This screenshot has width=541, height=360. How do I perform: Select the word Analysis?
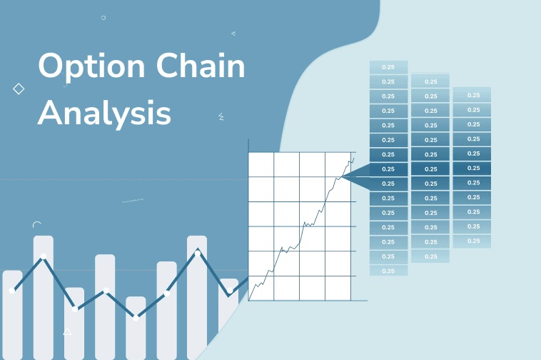point(104,113)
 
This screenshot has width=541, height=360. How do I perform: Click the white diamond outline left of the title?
point(19,89)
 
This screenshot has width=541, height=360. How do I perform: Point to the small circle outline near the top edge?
point(103,17)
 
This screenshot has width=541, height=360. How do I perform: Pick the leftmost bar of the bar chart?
point(12,314)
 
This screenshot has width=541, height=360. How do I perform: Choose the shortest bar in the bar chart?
point(136,328)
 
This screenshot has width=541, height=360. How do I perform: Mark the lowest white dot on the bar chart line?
point(136,318)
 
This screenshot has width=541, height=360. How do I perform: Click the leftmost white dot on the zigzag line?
point(12,290)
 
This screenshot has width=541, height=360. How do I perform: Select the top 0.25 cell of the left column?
point(388,67)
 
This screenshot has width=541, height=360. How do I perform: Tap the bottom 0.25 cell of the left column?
point(388,271)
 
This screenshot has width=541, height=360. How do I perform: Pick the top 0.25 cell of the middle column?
point(430,81)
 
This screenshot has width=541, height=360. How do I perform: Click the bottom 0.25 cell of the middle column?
point(430,256)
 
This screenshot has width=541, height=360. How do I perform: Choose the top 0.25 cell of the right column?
point(472,95)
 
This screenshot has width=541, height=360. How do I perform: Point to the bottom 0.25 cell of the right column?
point(472,241)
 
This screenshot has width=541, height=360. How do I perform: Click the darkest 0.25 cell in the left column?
point(388,169)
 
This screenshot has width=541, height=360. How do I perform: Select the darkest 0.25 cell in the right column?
point(472,168)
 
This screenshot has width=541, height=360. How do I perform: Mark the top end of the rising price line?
point(353,158)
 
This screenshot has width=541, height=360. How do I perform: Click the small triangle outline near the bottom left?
point(67,332)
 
